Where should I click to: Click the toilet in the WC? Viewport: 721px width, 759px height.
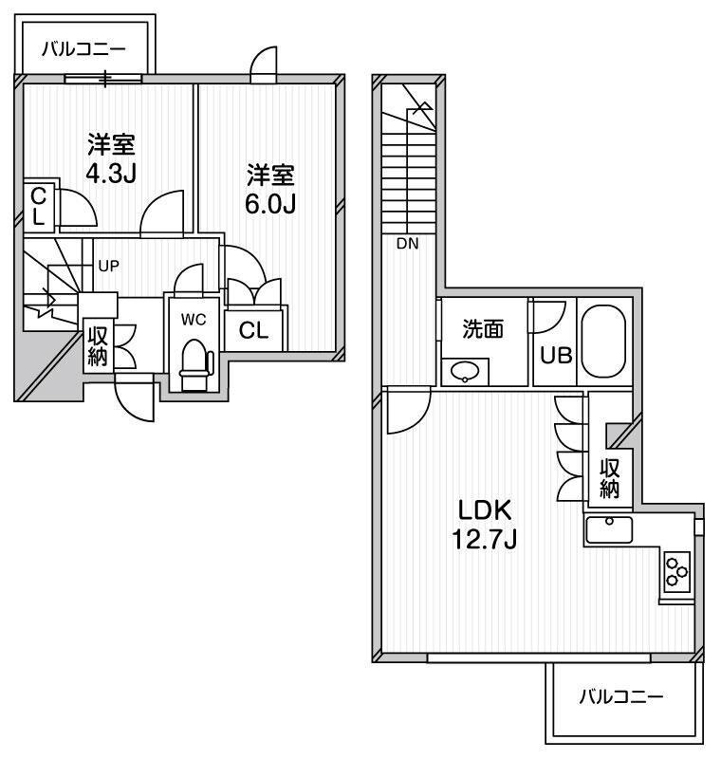pos(196,364)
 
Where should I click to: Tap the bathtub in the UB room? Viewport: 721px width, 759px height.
pos(603,342)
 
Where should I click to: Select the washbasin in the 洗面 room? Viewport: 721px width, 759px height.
pos(465,372)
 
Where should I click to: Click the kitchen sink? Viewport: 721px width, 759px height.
pos(609,529)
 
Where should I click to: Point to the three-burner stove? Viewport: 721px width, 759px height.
pos(676,572)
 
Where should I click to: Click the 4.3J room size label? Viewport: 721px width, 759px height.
pos(111,173)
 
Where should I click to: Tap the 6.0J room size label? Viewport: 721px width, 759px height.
pos(270,204)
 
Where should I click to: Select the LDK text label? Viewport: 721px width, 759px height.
pos(485,509)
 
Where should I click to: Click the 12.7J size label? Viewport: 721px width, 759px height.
pos(485,539)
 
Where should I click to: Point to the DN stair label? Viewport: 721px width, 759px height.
pos(407,244)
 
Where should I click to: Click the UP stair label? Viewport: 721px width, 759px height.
pos(108,266)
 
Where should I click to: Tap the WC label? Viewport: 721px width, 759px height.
pos(194,320)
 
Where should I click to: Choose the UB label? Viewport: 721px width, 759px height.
pos(556,356)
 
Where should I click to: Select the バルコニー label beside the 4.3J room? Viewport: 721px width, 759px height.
pos(83,49)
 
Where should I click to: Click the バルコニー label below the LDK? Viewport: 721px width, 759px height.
pos(621,697)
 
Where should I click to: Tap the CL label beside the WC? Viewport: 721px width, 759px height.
pos(253,330)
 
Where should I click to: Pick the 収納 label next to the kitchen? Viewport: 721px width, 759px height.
pos(610,479)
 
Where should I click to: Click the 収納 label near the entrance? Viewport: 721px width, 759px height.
pos(98,346)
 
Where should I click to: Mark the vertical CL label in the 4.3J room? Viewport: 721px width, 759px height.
pos(38,207)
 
